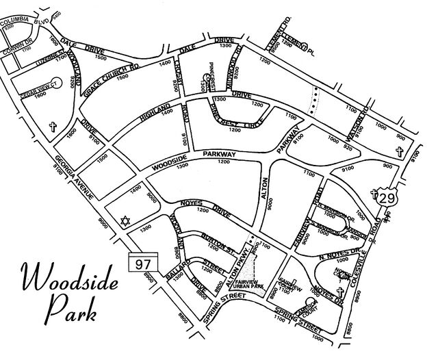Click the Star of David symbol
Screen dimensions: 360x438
coord(125,221)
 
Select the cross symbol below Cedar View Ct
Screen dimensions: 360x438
coord(53,127)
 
